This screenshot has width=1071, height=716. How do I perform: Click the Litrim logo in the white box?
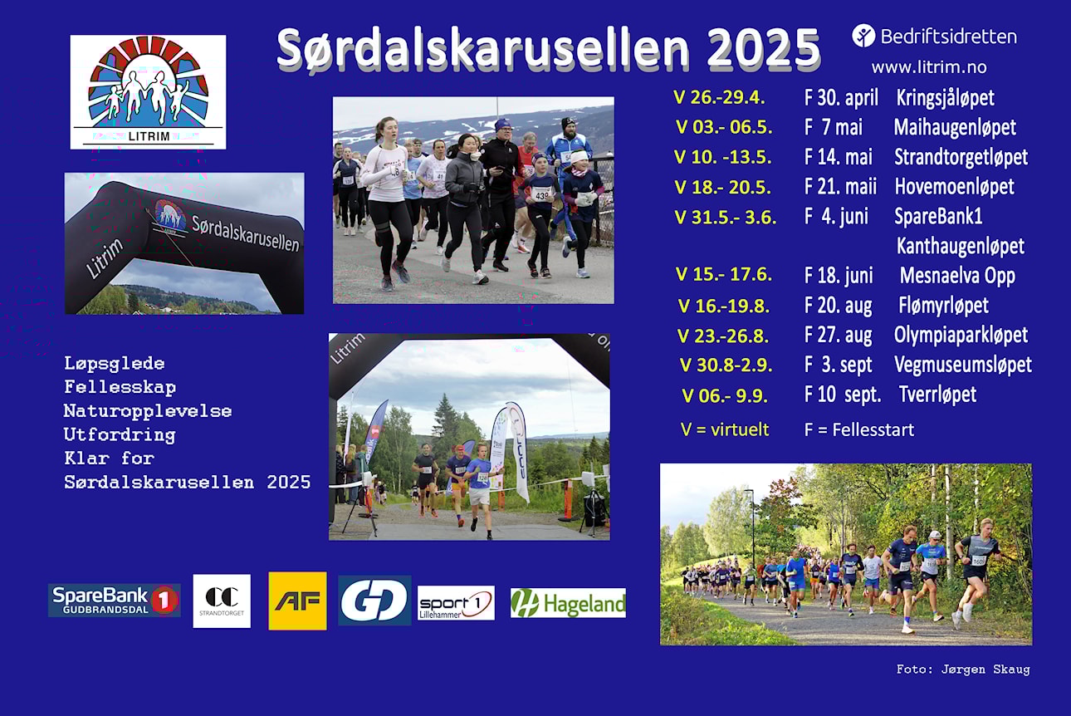point(149,92)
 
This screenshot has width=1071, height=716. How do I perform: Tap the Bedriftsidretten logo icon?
point(863,36)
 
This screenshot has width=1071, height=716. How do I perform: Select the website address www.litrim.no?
point(929,67)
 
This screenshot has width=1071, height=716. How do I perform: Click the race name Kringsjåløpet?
point(945,98)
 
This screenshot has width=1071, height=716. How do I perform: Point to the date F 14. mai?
point(839,157)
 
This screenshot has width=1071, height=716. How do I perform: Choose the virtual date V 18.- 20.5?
point(722,188)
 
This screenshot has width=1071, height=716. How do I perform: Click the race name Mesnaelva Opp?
point(957,276)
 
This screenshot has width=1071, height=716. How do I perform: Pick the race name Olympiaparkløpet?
point(961,336)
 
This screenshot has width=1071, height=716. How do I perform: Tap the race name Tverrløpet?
point(937,395)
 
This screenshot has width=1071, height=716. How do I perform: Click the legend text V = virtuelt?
point(724,429)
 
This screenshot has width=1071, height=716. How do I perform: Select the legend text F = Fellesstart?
point(859,429)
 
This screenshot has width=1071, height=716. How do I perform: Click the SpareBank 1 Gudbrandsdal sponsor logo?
point(115,601)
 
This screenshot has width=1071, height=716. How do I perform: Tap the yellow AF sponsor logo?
point(297,601)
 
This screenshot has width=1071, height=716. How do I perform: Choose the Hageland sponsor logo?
point(568,603)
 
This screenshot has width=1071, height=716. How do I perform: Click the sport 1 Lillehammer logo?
point(456,603)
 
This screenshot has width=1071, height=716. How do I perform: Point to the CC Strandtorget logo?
point(222,601)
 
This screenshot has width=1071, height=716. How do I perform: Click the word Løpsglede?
point(115,364)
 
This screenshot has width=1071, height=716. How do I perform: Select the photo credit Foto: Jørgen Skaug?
point(963,669)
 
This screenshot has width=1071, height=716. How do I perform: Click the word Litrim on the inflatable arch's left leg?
point(104,258)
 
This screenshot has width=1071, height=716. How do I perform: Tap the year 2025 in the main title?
point(764,49)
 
